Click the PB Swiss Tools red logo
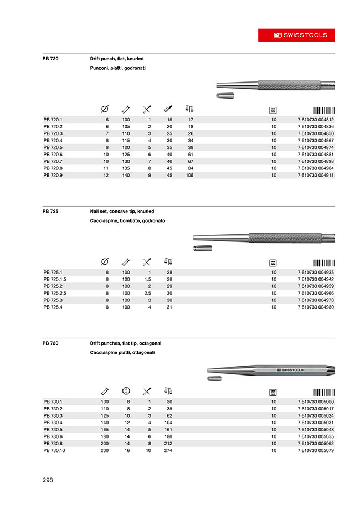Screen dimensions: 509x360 tap(301, 34)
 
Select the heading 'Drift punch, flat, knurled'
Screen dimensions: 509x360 tap(117, 58)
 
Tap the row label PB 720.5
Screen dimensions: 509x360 tap(54, 148)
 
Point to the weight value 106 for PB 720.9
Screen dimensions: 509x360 tap(190, 174)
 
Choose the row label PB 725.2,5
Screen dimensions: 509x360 tap(55, 293)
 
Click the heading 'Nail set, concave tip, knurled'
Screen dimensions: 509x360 tap(122, 212)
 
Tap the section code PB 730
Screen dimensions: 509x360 tap(50, 343)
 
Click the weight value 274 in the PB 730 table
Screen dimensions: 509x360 tap(169, 451)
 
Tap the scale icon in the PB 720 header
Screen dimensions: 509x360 tap(189, 109)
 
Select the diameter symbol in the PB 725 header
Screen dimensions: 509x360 tap(105, 262)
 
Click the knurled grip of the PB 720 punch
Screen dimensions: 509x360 tap(288, 86)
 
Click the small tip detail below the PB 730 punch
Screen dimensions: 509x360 tap(214, 378)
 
